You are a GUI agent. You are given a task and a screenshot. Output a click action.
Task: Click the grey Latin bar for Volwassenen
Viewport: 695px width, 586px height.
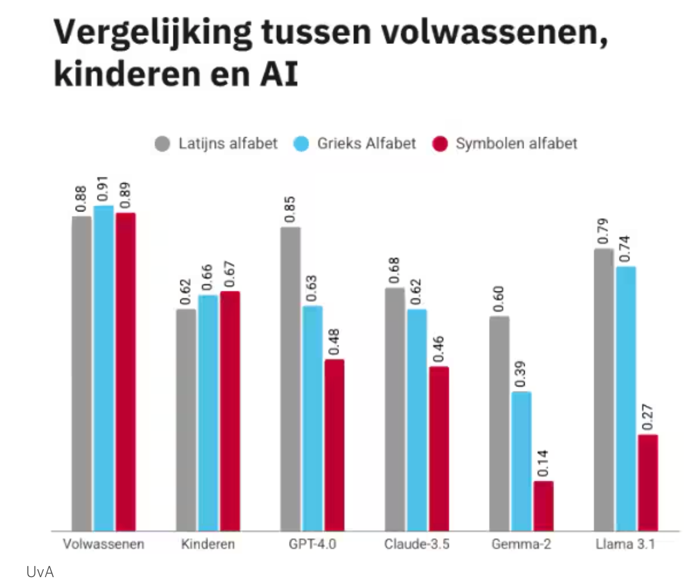coord(82,374)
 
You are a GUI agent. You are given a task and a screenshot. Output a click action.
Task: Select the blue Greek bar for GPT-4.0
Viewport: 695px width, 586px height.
coord(312,419)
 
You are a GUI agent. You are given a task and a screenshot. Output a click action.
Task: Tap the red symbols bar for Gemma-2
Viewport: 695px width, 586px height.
coord(543,506)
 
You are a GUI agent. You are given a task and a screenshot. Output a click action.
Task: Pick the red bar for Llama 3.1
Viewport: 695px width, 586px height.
coord(648,482)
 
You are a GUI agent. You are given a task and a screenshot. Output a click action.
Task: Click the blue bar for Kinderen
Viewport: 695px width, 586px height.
coord(208,413)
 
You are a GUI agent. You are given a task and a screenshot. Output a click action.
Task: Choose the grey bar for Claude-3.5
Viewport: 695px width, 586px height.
coord(395,409)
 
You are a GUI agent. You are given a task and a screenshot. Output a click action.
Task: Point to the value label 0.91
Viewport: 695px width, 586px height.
coord(103,189)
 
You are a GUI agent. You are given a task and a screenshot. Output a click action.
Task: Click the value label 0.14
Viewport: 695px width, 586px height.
coord(543,464)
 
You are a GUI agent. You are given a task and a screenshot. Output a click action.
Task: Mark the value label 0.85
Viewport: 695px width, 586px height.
coord(290,209)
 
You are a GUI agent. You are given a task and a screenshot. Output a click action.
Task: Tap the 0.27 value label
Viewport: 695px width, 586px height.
coord(648,417)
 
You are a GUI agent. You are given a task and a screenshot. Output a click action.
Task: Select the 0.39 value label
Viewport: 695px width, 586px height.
coord(521,374)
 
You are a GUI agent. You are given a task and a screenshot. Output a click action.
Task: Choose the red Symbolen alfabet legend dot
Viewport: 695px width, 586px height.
coord(440,144)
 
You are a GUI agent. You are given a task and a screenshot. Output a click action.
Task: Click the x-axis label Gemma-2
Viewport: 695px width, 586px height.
coord(521,544)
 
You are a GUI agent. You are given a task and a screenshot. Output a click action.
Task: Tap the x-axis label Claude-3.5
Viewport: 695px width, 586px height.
coord(416,544)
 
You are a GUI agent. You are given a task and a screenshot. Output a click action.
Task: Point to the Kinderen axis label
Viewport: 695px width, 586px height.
coord(208,544)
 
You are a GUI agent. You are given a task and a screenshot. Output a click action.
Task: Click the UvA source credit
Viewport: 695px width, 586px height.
coord(40,572)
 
